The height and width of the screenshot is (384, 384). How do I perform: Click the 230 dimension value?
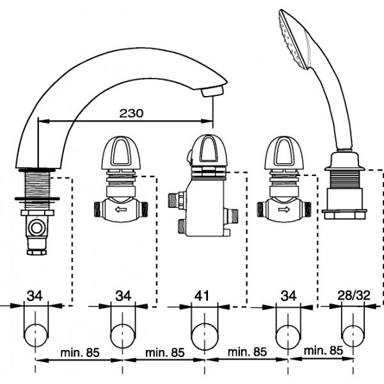tap(131, 113)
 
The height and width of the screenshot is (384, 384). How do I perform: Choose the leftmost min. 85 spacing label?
tap(80, 351)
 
